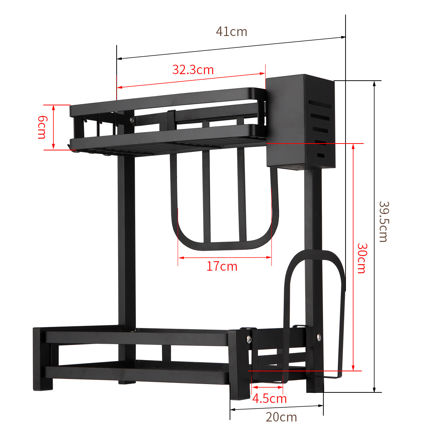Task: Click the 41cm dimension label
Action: click(x=231, y=32)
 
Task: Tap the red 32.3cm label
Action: click(x=193, y=69)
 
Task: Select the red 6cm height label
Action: click(x=42, y=127)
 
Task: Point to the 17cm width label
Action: click(x=222, y=266)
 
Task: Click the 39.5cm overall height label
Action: click(x=384, y=221)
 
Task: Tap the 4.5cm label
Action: click(x=269, y=399)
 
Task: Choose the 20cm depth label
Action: click(x=281, y=417)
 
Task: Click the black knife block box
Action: click(x=287, y=120)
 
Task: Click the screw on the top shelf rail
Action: click(x=131, y=119)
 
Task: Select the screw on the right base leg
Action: click(x=318, y=337)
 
